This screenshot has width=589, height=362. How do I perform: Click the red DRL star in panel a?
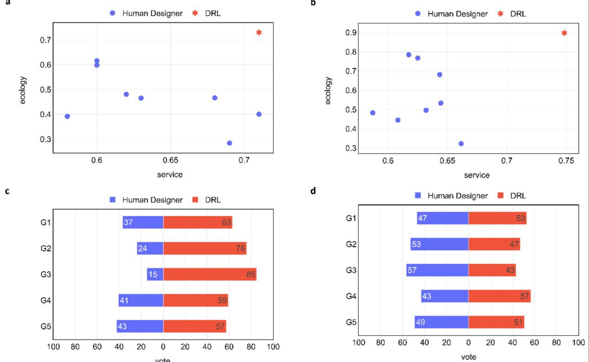point(259,32)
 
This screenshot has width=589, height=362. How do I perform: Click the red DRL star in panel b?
point(564,33)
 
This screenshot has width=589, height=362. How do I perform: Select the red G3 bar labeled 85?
point(210,274)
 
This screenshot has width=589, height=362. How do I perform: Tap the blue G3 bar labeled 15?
point(155,274)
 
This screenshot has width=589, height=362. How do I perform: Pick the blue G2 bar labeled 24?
point(150,248)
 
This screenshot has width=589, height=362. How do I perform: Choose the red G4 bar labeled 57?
point(499,296)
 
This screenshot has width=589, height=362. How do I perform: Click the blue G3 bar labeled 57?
point(437,270)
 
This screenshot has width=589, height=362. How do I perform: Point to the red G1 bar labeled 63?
point(198,222)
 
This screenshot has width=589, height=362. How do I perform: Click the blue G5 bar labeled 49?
point(441,322)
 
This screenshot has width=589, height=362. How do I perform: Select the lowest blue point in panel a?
point(229,143)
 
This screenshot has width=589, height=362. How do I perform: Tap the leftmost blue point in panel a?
point(67,116)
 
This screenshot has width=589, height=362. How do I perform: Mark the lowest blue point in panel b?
point(461,143)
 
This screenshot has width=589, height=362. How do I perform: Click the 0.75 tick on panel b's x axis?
point(565,161)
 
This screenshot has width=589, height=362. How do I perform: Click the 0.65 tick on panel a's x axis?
point(170,161)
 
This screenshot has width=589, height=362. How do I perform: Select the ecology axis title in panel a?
point(24,90)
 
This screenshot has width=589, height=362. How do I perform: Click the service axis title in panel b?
point(477,175)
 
